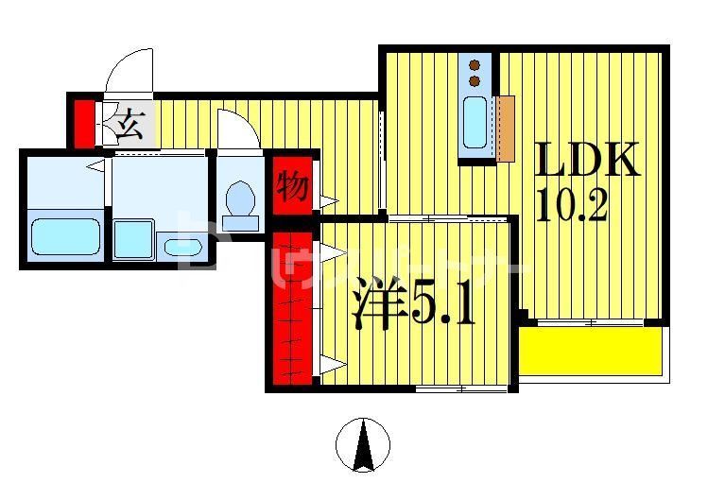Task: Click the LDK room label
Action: tap(589, 161)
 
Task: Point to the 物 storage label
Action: tap(291, 185)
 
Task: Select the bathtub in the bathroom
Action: tap(65, 236)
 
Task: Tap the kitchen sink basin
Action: tap(475, 123)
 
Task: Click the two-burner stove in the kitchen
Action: tap(475, 74)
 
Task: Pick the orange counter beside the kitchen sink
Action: tap(505, 129)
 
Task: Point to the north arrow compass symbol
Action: tap(363, 445)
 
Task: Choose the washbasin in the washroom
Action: tap(182, 248)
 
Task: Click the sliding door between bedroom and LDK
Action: tap(449, 218)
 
